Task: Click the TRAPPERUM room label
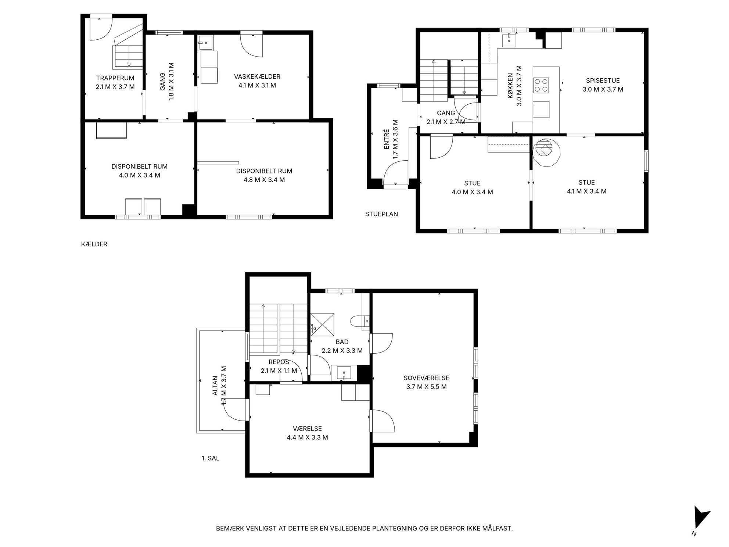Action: coord(115,78)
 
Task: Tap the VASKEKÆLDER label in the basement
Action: coord(257,76)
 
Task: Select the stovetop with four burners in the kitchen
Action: coord(541,85)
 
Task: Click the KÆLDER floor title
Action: coord(94,244)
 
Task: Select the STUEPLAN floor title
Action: coord(381,214)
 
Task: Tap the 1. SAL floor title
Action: coord(210,458)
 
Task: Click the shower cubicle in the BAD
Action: coord(322,324)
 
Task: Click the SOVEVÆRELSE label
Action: coord(426,378)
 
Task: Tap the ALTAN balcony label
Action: coord(215,386)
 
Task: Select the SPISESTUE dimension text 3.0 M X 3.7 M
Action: coord(603,89)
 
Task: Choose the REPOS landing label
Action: coord(279,362)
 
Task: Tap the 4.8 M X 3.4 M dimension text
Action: coord(264,180)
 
